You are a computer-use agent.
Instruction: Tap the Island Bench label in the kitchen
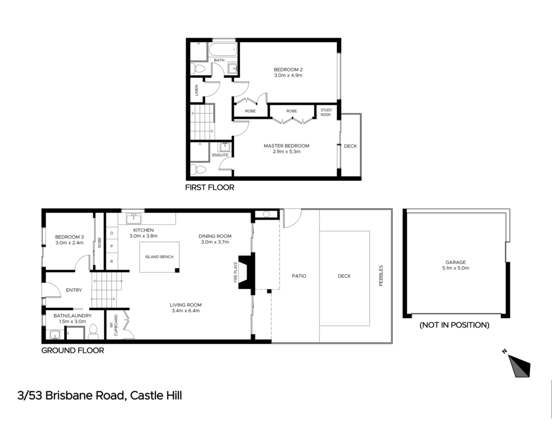click(x=159, y=257)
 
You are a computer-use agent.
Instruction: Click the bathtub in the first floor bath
click(x=223, y=51)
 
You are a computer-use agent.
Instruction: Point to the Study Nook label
click(x=326, y=112)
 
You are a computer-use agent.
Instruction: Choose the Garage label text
click(x=456, y=262)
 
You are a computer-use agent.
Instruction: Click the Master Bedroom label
click(x=286, y=146)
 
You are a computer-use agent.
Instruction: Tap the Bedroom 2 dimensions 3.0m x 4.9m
click(x=288, y=76)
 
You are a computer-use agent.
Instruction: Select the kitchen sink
click(x=134, y=219)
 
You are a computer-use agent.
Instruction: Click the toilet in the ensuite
click(x=198, y=169)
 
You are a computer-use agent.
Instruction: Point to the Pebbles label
click(x=381, y=276)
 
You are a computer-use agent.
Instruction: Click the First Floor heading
click(x=210, y=188)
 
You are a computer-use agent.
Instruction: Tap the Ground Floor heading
click(x=73, y=350)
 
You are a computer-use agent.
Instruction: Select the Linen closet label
click(x=197, y=90)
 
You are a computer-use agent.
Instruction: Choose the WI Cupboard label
click(x=114, y=325)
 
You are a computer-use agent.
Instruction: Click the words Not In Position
click(x=455, y=325)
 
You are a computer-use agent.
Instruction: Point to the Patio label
click(x=299, y=276)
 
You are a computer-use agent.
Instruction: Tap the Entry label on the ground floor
click(x=74, y=290)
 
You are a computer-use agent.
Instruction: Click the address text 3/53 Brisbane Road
click(x=70, y=396)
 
